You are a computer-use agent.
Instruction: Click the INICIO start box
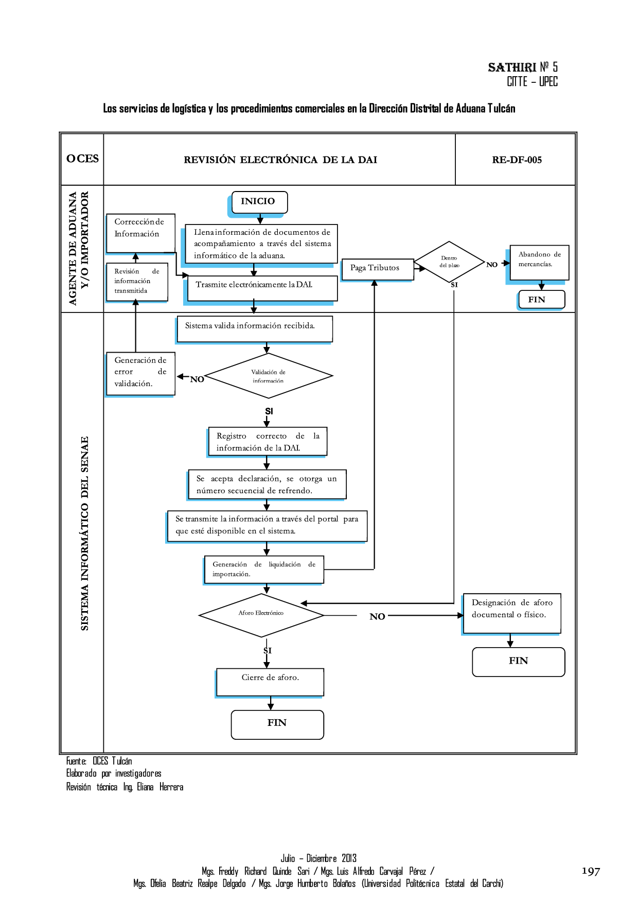[x=259, y=202]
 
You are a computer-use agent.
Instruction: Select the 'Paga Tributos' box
[x=377, y=269]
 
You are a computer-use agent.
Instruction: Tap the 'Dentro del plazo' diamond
[x=449, y=262]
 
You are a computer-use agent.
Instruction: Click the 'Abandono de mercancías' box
[x=539, y=262]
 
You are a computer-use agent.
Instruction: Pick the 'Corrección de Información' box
[x=140, y=233]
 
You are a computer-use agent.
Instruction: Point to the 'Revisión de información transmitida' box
[x=137, y=281]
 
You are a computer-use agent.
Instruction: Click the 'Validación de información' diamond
[x=268, y=376]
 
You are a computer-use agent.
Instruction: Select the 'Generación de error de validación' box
[x=140, y=373]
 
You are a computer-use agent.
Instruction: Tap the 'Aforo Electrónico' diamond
[x=261, y=615]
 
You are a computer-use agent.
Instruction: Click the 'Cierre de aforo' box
[x=270, y=682]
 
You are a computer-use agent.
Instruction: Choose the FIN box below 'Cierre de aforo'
[x=277, y=724]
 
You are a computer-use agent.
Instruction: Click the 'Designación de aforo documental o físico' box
[x=511, y=613]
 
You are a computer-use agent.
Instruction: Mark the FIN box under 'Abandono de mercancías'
[x=540, y=300]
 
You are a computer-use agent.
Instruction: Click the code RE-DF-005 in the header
[x=517, y=160]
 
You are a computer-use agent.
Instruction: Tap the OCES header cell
[x=82, y=159]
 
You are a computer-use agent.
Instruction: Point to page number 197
[x=591, y=871]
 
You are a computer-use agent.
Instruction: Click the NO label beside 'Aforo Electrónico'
[x=377, y=616]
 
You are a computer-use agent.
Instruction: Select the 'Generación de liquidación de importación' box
[x=264, y=569]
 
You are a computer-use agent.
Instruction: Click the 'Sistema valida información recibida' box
[x=255, y=329]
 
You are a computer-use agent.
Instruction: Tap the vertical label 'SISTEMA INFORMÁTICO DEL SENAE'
[x=84, y=533]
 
